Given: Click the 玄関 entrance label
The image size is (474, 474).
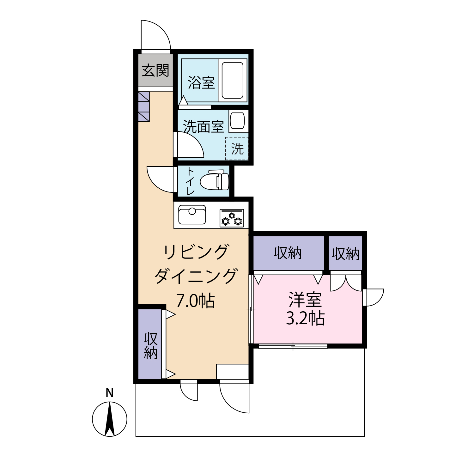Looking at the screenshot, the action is coord(155,70).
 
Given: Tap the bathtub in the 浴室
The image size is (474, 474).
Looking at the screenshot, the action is coord(233,80).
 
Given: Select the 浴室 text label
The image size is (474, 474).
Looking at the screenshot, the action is coord(201,82).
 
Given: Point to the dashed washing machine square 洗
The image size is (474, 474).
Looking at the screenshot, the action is coord(237,149).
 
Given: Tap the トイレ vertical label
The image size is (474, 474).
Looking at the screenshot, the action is coord(190,181).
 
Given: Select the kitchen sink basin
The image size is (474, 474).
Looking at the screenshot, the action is coord(192,215).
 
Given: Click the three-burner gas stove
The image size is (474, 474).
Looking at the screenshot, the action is coord(232,218).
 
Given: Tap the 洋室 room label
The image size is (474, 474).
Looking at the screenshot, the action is coord(305,300).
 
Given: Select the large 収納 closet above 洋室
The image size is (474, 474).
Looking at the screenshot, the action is coord(289,253).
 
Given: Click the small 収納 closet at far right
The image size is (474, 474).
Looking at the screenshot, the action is coord(345,253).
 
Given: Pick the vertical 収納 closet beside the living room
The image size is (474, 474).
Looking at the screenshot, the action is coord(150,344).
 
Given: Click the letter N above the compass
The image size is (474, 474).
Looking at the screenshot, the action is coord(110,393).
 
